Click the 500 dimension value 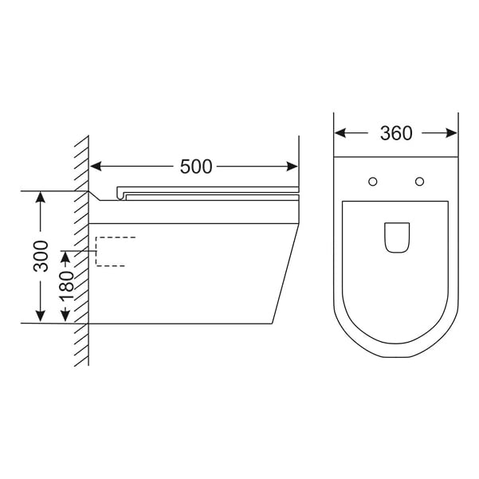[x=196, y=167]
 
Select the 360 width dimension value [x=396, y=133]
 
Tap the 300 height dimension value [x=41, y=256]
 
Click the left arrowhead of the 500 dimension [x=96, y=167]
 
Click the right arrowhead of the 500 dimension [x=292, y=167]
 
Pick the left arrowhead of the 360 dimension [x=340, y=133]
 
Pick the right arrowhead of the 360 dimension [x=451, y=133]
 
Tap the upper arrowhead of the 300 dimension [x=41, y=197]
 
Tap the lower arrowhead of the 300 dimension [x=41, y=316]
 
